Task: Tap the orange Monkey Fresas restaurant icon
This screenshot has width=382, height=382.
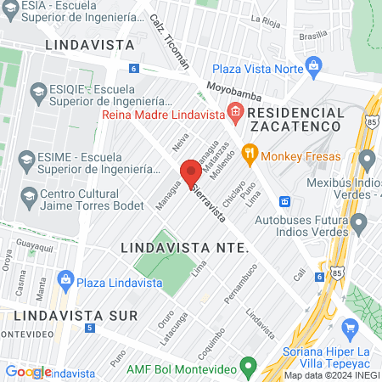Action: (x=250, y=155)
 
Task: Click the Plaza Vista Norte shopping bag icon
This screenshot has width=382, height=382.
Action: (x=313, y=65)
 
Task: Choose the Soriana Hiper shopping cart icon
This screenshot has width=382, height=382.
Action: (x=349, y=328)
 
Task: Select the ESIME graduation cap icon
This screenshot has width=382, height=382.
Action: (x=28, y=159)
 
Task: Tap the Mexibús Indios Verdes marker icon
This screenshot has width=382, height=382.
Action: (x=367, y=159)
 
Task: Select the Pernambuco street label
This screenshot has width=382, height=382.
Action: (x=240, y=289)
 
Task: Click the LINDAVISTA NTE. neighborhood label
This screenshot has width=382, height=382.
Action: (x=183, y=247)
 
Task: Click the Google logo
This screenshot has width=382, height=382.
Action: (x=28, y=371)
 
